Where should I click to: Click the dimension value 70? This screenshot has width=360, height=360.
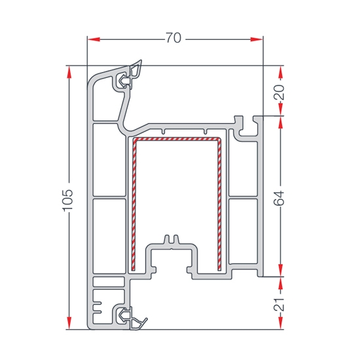coord(173,38)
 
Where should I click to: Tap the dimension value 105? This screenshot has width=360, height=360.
coord(68,200)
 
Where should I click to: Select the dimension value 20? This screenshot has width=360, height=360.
coord(279,92)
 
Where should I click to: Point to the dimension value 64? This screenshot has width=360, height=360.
coord(279,198)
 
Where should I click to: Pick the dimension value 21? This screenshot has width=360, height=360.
coord(279,305)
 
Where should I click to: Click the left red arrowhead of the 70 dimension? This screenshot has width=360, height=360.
coord(94,39)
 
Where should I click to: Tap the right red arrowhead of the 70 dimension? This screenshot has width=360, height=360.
coord(257,39)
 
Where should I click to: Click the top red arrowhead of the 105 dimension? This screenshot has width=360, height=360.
coord(69,72)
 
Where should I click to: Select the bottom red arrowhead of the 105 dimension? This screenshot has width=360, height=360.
coord(69,323)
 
